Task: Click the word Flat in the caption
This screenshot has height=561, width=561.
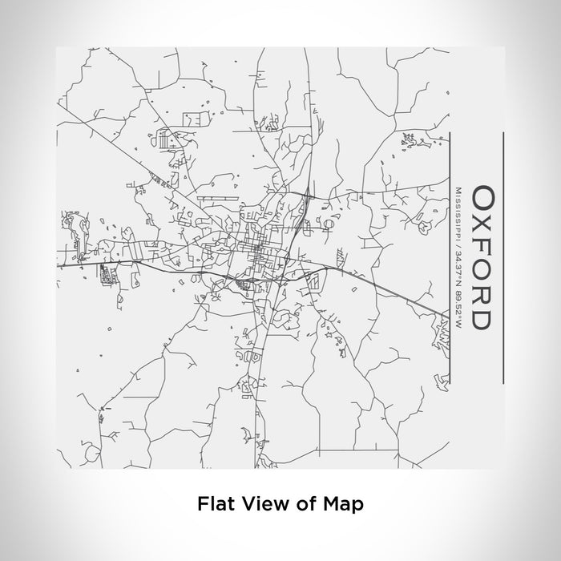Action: click(x=213, y=504)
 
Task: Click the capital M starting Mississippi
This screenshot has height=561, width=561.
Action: click(x=458, y=189)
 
